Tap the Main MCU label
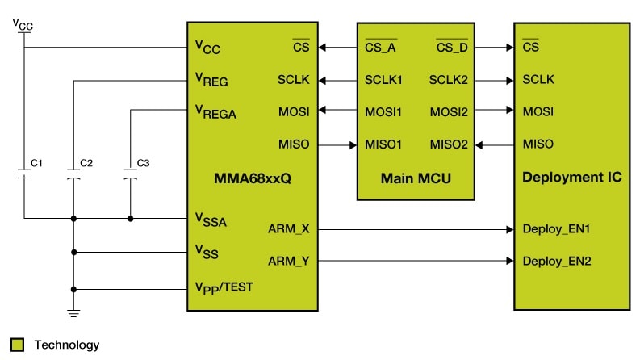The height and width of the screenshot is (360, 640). coord(414,177)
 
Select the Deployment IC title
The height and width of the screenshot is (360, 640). coord(572,177)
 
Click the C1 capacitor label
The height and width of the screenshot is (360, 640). coord(36,163)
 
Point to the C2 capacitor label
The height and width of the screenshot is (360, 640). coord(86,163)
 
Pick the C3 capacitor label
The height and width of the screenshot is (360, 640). coord(143,163)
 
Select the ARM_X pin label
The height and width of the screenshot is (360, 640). coord(288,229)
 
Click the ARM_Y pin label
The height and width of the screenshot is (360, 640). coord(288,261)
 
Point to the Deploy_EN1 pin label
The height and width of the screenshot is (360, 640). coord(557,229)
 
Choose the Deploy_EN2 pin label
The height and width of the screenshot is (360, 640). coord(557,261)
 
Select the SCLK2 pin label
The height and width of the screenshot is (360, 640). coord(448,79)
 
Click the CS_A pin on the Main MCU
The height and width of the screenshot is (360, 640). coord(381,48)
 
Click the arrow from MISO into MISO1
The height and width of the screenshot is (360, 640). coord(352,144)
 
